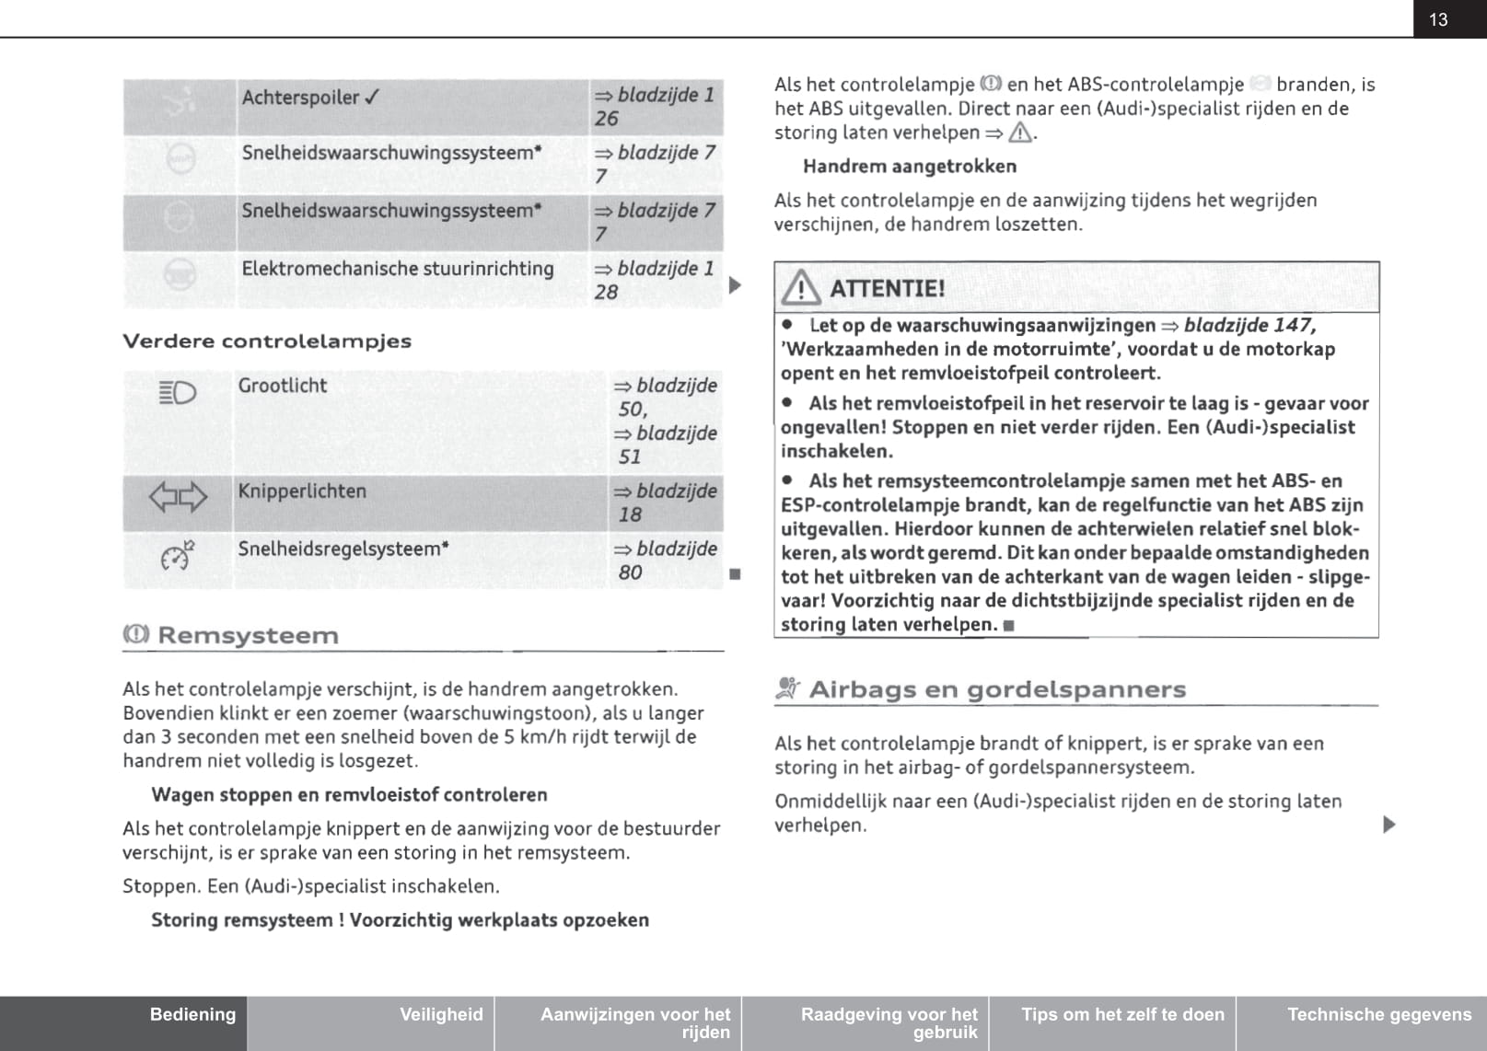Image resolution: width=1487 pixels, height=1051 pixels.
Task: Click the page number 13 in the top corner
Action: pos(1438,19)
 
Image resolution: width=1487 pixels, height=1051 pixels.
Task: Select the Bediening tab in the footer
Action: pos(192,1014)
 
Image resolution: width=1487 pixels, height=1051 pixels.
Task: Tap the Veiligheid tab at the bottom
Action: pos(441,1014)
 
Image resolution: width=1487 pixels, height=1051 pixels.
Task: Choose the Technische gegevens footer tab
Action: pos(1378,1014)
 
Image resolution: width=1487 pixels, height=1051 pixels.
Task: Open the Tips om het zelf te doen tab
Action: pos(1122,1014)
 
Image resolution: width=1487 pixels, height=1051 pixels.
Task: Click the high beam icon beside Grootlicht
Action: pos(178,394)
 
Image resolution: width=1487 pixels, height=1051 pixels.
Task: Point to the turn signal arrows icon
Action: pos(178,498)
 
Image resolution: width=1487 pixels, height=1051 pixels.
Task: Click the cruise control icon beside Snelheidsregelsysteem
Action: pos(178,556)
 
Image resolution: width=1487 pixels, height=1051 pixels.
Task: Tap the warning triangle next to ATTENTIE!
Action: pos(801,288)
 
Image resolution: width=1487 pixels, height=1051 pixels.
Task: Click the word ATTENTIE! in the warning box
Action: pos(887,289)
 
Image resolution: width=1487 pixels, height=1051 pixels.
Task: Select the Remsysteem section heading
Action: pos(248,635)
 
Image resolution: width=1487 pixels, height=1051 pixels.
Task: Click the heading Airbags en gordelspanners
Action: pos(997,689)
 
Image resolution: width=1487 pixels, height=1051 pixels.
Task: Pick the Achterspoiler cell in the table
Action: pos(310,98)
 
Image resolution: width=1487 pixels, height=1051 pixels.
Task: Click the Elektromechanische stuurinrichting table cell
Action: pos(398,269)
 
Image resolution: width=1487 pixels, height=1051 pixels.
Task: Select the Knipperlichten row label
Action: pos(302,491)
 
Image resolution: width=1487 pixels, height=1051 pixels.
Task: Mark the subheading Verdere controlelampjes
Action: pos(267,341)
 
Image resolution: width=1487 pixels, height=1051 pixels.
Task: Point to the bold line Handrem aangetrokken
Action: pos(910,167)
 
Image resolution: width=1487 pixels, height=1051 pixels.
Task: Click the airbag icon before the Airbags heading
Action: pos(787,688)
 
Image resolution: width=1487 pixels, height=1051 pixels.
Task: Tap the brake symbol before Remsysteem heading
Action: pos(135,634)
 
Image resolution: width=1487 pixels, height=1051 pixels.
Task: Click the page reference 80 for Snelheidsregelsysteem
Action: pos(631,572)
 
